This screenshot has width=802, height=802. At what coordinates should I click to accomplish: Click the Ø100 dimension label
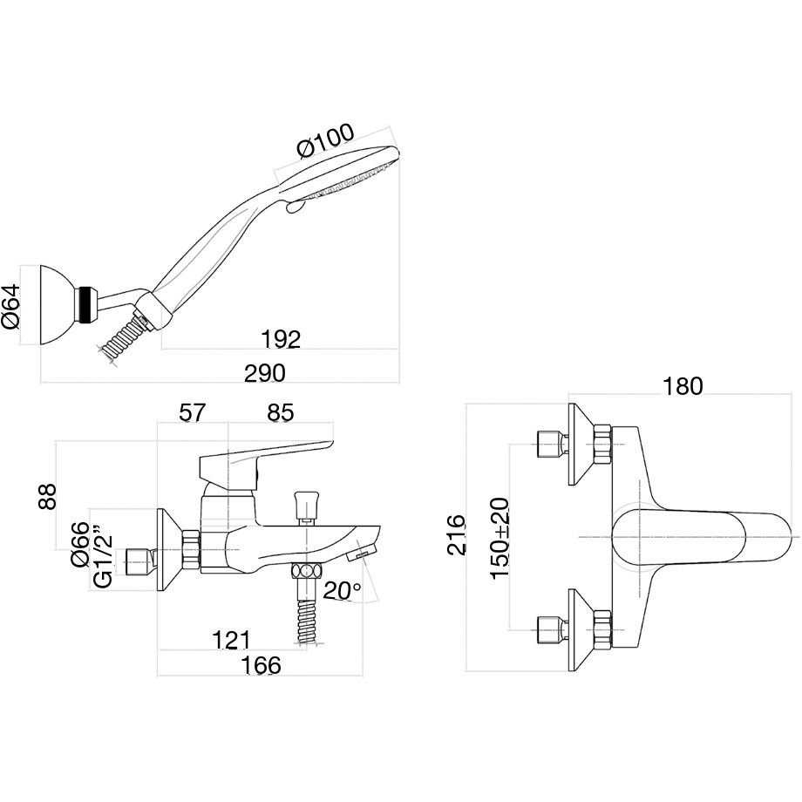click(325, 144)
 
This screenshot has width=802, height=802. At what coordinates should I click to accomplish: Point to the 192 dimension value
click(281, 340)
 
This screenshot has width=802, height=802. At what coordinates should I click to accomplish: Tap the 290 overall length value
click(265, 373)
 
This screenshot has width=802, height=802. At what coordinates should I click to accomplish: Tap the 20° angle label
click(342, 591)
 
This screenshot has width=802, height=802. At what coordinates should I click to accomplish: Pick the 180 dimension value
click(682, 386)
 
